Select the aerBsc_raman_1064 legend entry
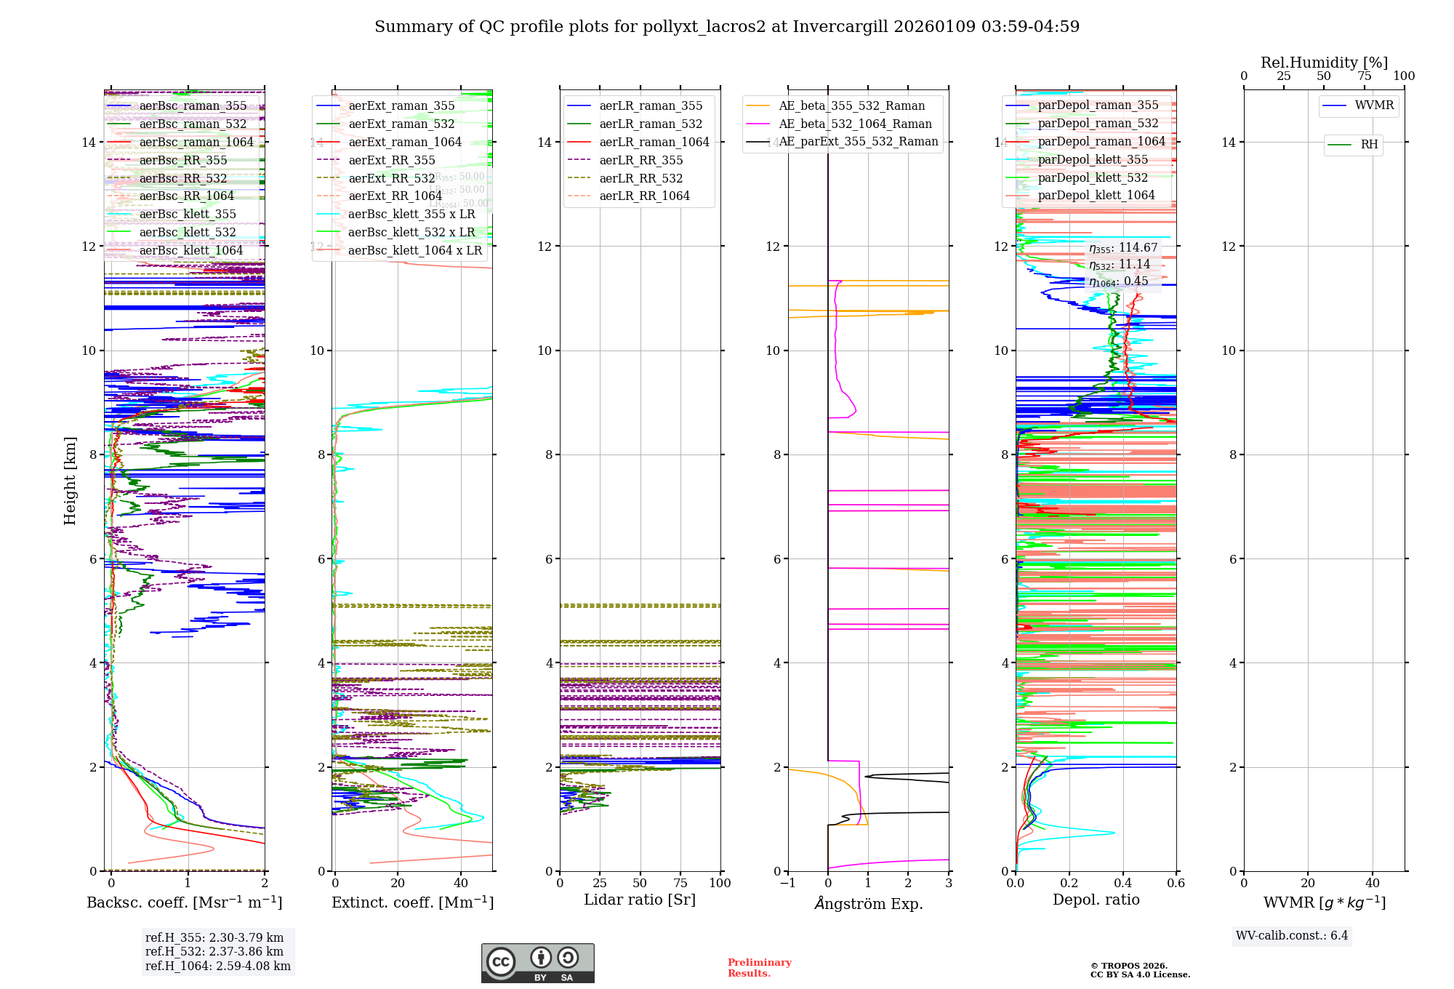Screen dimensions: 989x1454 [196, 143]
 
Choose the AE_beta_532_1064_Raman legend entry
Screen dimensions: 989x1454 [855, 124]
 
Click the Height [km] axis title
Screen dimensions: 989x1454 [70, 481]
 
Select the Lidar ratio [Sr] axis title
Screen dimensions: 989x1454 [640, 900]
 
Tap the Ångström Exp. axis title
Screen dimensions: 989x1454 [868, 904]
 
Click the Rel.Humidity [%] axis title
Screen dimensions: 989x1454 [1324, 63]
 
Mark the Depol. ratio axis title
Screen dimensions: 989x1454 [1096, 900]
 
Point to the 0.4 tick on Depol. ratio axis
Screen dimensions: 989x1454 [1122, 884]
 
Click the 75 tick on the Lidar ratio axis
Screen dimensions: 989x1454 [680, 884]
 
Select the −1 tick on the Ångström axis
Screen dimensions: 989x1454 [787, 884]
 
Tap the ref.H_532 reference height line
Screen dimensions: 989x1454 [214, 952]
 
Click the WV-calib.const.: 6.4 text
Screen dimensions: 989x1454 [1292, 936]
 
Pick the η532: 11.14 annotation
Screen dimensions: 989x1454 [1120, 265]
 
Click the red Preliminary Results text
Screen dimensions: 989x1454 [759, 968]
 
